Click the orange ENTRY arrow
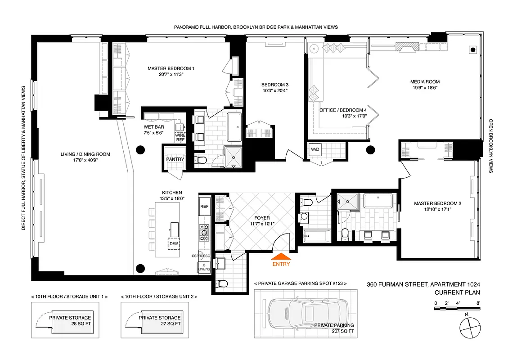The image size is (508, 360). tap(281, 257)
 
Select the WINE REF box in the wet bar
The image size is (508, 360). tap(180, 137)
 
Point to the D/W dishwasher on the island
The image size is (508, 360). tap(173, 244)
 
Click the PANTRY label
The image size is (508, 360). tap(173, 159)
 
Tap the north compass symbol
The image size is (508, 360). tap(469, 325)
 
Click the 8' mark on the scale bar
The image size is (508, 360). tap(478, 303)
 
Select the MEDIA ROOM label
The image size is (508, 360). tap(424, 82)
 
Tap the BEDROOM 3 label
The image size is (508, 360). tap(274, 85)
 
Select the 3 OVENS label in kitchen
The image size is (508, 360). tap(204, 266)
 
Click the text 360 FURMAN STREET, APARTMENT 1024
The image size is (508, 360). tap(423, 284)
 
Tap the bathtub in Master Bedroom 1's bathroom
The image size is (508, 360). tap(234, 127)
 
